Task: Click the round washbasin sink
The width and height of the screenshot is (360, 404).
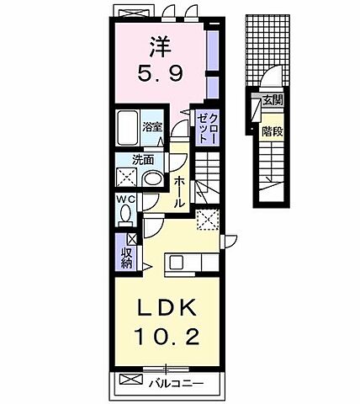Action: point(152,178)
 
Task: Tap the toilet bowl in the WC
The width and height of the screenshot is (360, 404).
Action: point(125,213)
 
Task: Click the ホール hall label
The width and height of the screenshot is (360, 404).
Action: point(180,191)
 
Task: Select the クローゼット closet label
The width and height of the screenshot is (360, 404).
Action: point(207,129)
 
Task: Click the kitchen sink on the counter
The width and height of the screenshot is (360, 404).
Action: point(177,262)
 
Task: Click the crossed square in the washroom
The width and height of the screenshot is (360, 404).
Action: point(128,177)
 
